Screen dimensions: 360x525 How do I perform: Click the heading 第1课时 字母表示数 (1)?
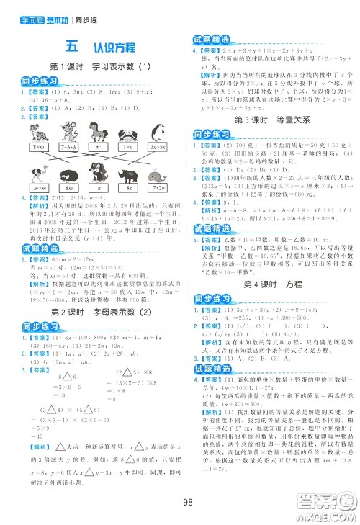[x=96, y=68]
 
